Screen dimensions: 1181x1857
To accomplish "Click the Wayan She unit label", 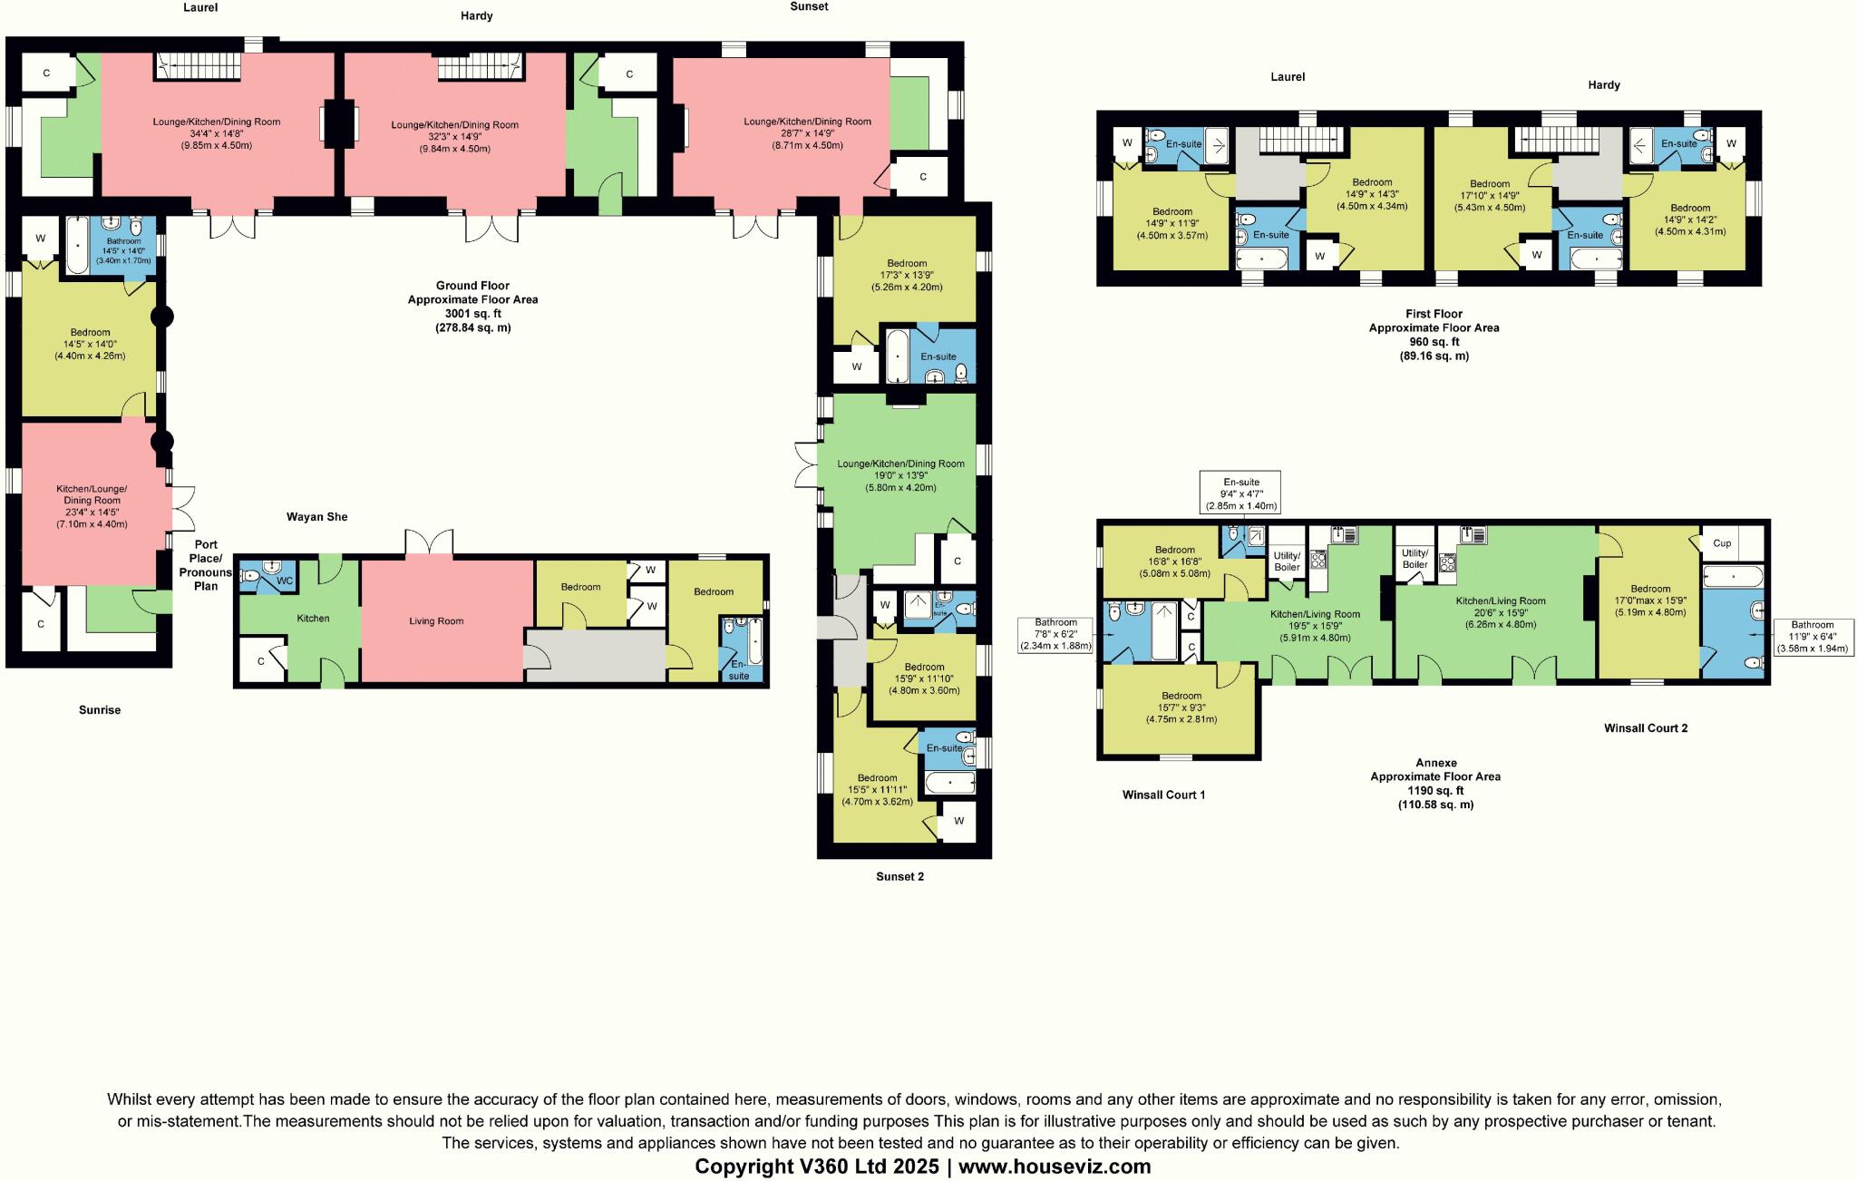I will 316,517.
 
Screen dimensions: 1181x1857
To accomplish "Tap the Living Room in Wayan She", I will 436,621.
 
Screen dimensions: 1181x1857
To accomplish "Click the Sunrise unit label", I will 100,710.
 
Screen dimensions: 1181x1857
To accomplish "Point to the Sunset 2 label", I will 899,876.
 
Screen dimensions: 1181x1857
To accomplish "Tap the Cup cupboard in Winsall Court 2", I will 1722,543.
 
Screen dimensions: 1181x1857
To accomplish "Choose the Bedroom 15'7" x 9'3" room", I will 1180,708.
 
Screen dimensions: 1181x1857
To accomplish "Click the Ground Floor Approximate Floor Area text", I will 472,306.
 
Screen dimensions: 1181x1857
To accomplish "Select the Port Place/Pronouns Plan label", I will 206,565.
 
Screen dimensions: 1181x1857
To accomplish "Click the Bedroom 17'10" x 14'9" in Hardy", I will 1489,195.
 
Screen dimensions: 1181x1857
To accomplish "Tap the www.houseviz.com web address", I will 1055,1166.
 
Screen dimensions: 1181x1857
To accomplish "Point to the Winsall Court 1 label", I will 1163,795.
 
